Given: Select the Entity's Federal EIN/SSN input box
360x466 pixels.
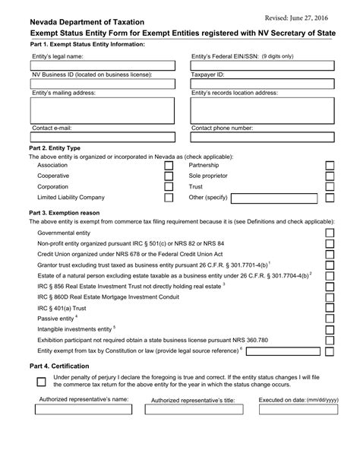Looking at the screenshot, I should (262, 67).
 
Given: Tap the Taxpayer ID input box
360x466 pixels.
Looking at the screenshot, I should (262, 84).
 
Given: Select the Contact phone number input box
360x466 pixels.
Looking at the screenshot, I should (262, 138).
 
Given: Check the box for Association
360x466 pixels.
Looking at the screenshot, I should (169, 166).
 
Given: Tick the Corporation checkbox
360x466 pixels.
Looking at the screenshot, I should (169, 187).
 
